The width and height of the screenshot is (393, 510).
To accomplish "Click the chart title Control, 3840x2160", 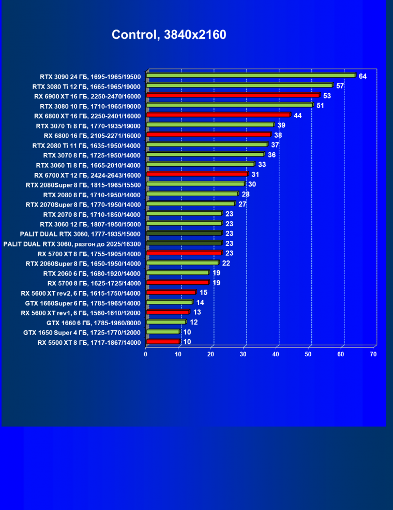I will click(x=169, y=35).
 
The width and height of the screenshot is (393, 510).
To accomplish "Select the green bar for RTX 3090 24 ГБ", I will click(x=251, y=76).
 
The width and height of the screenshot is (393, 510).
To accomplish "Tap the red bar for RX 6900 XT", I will click(x=233, y=95).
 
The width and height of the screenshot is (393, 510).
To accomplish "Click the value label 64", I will click(x=362, y=76).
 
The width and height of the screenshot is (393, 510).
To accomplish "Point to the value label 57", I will click(x=340, y=86).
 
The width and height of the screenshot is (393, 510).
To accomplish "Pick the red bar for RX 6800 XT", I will click(x=218, y=115).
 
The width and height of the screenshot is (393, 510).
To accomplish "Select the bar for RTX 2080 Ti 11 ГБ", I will click(x=207, y=144).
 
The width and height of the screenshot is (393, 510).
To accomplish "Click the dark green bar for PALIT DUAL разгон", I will click(x=184, y=243).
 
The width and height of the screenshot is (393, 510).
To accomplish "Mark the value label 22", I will click(x=226, y=263).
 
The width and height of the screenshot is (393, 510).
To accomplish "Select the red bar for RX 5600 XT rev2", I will click(x=171, y=293).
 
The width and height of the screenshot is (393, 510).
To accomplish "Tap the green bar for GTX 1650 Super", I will click(x=163, y=332).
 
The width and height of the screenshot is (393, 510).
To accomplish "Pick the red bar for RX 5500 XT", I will click(x=163, y=342).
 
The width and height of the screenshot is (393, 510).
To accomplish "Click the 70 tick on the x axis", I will click(x=373, y=354).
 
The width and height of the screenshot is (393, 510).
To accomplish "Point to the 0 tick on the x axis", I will click(x=146, y=354).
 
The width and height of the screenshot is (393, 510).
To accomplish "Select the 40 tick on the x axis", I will click(x=276, y=354).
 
